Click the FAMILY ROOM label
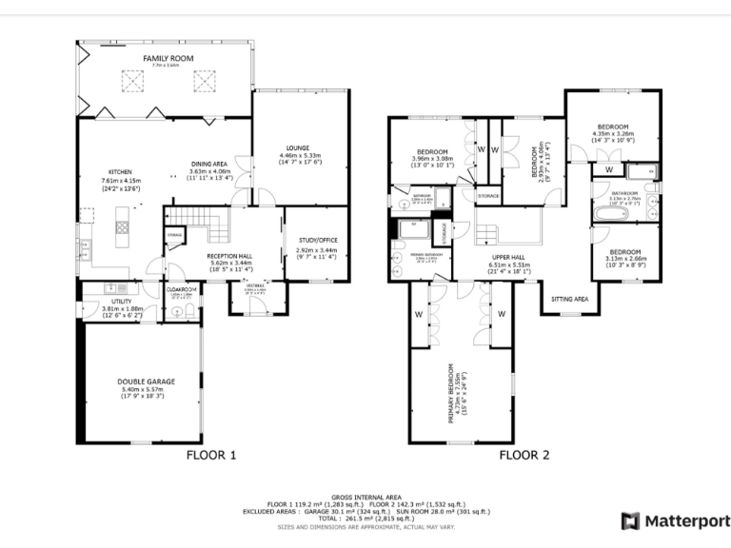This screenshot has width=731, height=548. pos(168,58)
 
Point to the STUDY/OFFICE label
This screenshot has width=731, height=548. pos(318,240)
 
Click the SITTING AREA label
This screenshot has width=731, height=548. pos(569,299)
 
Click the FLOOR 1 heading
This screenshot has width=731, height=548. pos(210,455)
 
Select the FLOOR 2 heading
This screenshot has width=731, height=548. pos(524,455)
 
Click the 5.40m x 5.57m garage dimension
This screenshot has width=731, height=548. pos(140,389)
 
